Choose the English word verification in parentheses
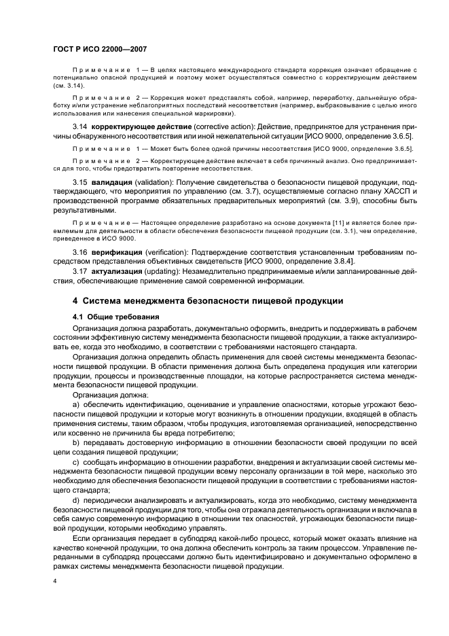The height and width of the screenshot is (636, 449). coord(167,253)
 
